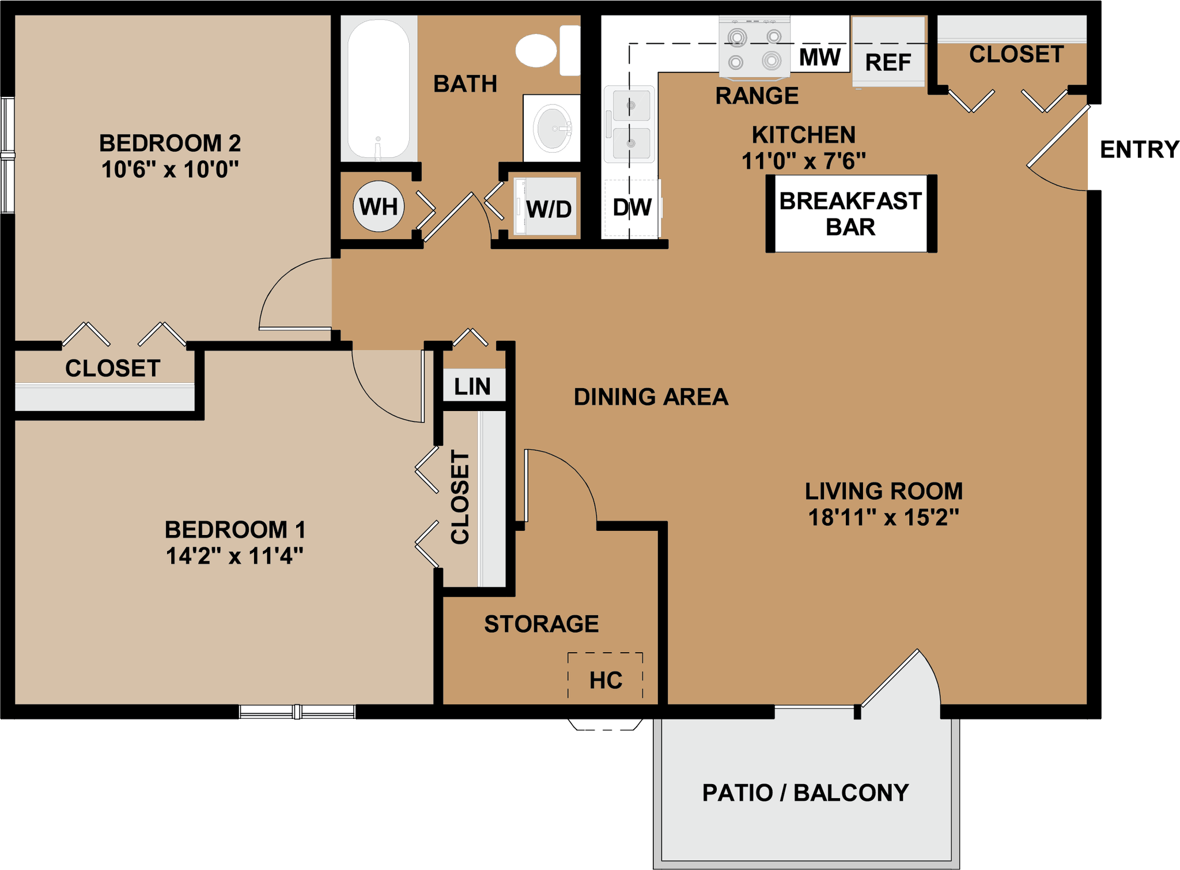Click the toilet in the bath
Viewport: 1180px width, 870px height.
click(x=544, y=50)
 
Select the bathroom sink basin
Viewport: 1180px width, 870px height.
click(x=552, y=129)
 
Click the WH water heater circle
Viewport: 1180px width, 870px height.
click(x=379, y=206)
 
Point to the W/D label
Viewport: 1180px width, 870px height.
click(x=549, y=209)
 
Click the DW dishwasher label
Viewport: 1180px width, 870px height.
click(x=632, y=208)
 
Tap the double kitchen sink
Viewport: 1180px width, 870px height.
click(x=631, y=124)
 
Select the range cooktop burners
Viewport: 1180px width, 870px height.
click(x=754, y=48)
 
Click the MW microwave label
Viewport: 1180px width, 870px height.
click(x=820, y=57)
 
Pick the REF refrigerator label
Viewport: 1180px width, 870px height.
click(x=888, y=62)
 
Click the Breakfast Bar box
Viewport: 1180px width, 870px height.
click(x=850, y=214)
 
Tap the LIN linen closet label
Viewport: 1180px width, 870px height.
click(x=472, y=386)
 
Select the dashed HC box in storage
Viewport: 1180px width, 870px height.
click(x=605, y=676)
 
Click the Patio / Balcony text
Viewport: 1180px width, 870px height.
click(x=805, y=793)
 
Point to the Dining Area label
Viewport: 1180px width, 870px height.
click(x=651, y=397)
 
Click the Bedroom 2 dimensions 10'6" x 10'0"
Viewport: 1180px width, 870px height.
click(x=170, y=170)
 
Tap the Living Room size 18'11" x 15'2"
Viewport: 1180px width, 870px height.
click(x=883, y=517)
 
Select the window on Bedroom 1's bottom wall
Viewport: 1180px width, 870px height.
click(x=297, y=712)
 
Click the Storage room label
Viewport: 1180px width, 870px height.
click(x=541, y=624)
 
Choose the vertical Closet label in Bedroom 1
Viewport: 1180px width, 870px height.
click(x=460, y=497)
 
